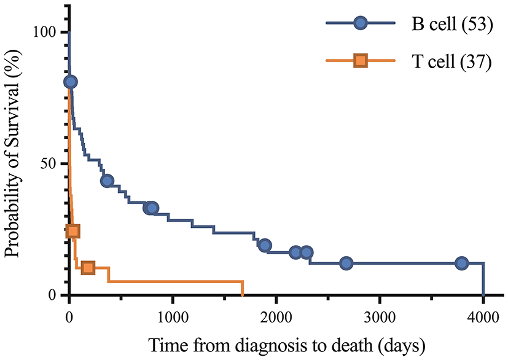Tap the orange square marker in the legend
[361, 60]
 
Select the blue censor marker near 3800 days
[462, 263]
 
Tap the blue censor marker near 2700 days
[346, 263]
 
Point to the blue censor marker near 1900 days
[265, 245]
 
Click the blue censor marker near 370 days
[107, 181]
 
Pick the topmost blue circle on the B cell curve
[71, 82]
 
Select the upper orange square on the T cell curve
[72, 231]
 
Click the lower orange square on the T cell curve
[88, 268]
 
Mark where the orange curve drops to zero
[243, 294]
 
